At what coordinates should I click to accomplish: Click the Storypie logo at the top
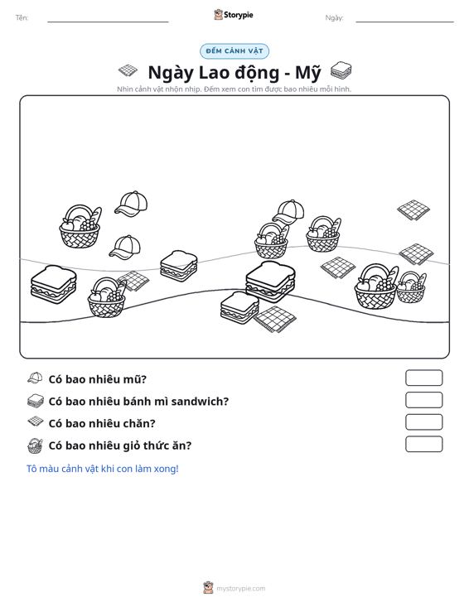point(234,15)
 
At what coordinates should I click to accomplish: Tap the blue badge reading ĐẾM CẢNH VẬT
point(234,51)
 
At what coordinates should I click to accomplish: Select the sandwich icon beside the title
point(341,70)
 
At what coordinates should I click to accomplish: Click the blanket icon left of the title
point(128,70)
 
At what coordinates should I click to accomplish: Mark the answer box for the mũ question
point(423,378)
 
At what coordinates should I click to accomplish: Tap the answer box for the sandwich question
point(423,400)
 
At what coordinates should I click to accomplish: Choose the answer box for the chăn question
point(423,422)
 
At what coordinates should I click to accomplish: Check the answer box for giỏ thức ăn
point(423,444)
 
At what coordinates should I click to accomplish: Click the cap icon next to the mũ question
point(35,378)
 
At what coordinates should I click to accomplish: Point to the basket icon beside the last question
point(35,446)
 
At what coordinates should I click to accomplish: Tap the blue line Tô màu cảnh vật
point(102,469)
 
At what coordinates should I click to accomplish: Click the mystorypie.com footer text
point(240,589)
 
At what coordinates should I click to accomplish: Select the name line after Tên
point(108,22)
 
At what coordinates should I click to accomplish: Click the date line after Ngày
point(404,22)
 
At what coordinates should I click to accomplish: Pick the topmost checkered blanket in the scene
point(413,210)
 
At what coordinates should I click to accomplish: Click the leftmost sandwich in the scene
point(53,285)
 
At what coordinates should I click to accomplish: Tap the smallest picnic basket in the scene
point(411,287)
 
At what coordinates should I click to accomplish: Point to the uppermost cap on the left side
point(131,204)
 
